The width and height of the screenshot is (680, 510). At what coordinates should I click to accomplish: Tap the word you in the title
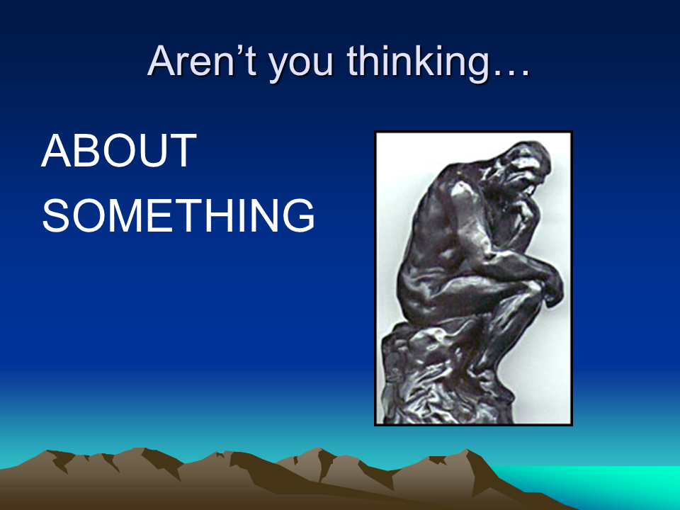(x=302, y=65)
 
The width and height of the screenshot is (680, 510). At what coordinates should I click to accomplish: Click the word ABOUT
(x=119, y=150)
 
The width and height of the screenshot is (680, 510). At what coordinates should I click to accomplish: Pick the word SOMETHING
(x=178, y=215)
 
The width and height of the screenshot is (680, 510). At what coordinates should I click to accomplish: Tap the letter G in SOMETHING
(x=299, y=215)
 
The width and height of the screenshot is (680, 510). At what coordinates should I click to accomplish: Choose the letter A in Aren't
(x=161, y=61)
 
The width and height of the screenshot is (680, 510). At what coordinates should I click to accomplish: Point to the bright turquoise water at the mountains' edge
(x=607, y=486)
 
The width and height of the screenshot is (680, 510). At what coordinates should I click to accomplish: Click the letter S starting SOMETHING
(x=56, y=215)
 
